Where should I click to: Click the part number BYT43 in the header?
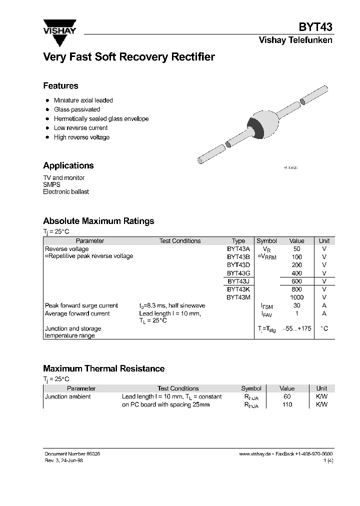coord(315,27)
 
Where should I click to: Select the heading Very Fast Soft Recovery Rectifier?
coord(129,57)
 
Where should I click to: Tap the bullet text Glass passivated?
coord(77,109)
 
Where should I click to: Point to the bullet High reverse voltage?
coord(81,137)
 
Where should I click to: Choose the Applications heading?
coord(68,165)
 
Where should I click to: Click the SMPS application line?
coord(51,184)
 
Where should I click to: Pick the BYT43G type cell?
coord(238,273)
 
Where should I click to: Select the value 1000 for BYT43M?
coord(297,297)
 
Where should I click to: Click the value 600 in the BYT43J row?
coord(297,281)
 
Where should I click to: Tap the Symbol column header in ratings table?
coord(266,241)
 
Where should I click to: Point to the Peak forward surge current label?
coord(81,305)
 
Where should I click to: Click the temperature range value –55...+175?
coord(297,329)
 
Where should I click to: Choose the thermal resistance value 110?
coord(287,404)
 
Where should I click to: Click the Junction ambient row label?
coord(68,396)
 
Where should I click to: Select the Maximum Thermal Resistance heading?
coord(103,368)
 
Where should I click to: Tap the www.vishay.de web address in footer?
coord(255,453)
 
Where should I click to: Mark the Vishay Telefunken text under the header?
coord(295,40)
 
